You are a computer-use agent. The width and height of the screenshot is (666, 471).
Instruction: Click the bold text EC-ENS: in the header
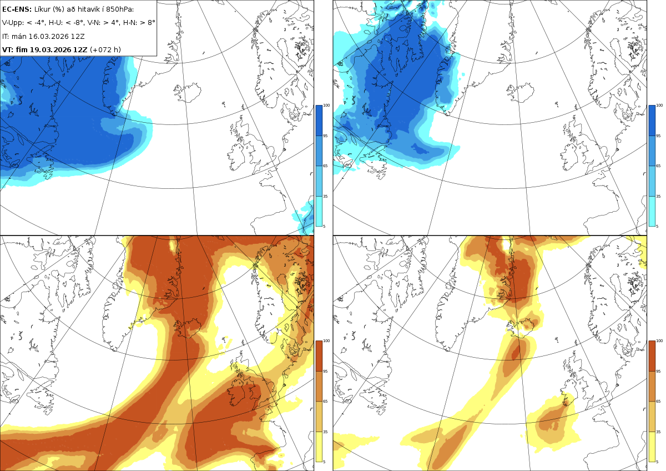point(17,9)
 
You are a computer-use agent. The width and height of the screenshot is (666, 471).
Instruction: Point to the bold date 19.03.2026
point(51,49)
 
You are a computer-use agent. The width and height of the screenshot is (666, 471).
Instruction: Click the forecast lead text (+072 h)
point(105,49)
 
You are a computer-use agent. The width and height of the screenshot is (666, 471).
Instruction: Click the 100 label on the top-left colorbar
point(326,106)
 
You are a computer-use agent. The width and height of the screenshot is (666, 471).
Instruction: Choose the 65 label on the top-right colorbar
point(658,166)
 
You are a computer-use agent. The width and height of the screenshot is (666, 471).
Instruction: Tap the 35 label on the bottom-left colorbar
point(325,432)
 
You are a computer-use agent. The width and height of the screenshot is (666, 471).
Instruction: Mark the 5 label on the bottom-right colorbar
point(657,462)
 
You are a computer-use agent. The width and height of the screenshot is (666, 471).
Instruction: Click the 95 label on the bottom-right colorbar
point(658,372)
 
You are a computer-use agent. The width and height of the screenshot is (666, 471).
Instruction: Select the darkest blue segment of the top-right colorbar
point(652,121)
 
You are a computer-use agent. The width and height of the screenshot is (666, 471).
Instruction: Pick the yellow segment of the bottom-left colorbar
point(319,447)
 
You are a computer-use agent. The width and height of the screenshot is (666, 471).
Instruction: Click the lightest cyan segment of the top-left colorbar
point(319,211)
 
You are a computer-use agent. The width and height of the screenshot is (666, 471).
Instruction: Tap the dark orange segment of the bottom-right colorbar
point(652,356)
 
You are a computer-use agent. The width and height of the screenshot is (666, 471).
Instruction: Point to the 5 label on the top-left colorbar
point(324,227)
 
